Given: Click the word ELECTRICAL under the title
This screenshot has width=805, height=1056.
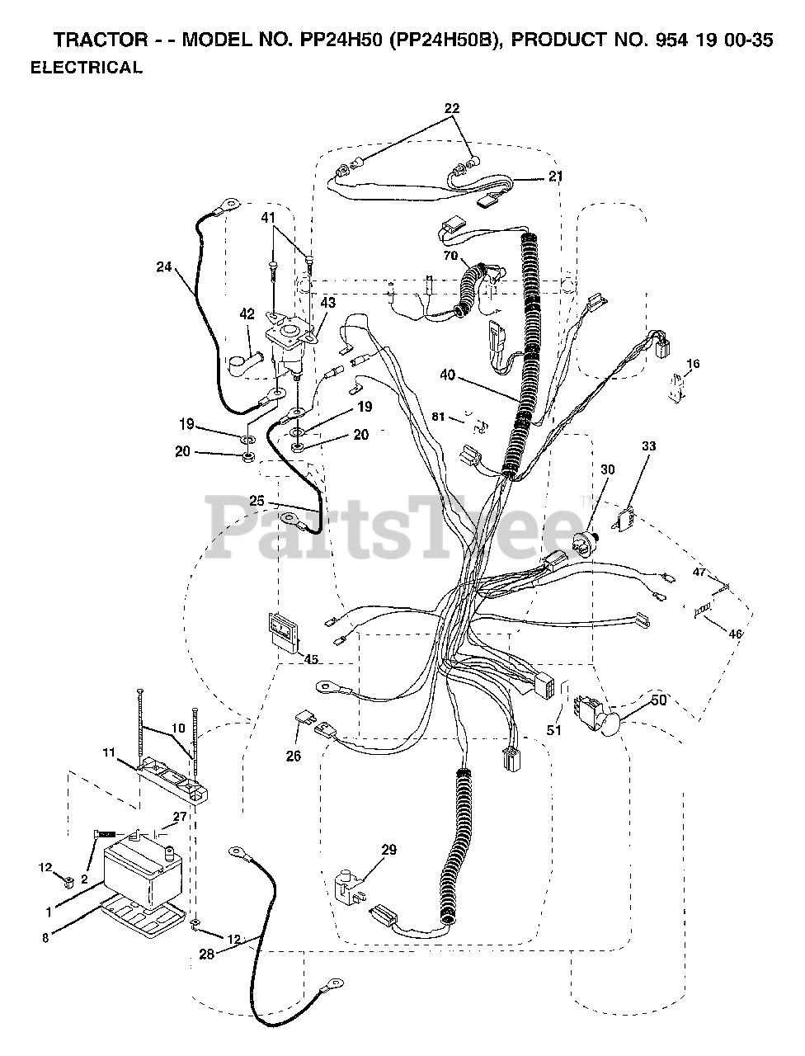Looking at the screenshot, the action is tap(86, 68).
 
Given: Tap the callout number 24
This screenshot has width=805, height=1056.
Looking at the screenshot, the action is tap(164, 266).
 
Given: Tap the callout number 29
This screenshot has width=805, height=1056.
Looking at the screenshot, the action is tap(388, 849).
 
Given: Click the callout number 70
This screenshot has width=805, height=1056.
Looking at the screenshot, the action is tap(450, 256).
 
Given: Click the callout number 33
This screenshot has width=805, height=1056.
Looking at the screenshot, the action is tap(649, 446).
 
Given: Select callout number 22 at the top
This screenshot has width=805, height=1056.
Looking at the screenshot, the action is tap(452, 107).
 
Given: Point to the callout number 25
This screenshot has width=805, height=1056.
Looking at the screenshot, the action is tap(257, 501).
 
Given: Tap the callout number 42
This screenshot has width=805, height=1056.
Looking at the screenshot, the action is tap(247, 314).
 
